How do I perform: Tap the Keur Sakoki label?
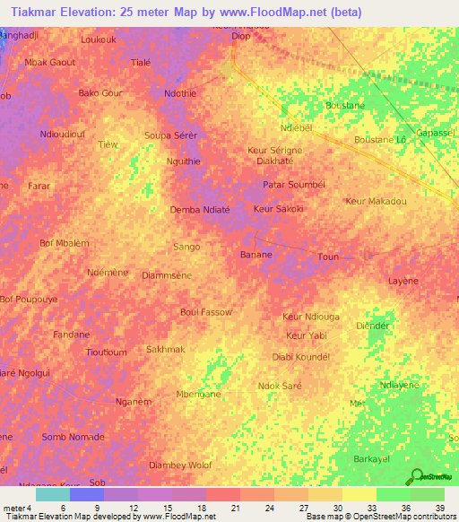point(279,209)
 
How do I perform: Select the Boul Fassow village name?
point(206,312)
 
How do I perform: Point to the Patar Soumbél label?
point(293,185)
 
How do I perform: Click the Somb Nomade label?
point(74,437)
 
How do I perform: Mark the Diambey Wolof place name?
point(180,465)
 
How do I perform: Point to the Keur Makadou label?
point(376,202)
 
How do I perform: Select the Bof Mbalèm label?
point(65,243)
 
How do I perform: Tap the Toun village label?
point(328,257)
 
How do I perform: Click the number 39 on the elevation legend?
point(438,507)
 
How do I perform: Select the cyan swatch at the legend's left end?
point(52,494)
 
